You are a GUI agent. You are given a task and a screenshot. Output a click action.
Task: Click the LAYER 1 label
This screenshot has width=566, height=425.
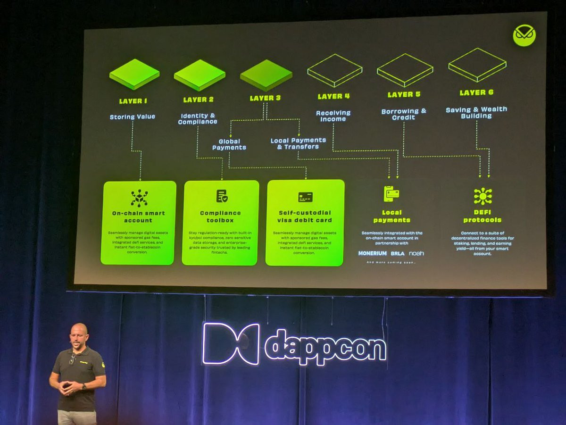tap(133, 101)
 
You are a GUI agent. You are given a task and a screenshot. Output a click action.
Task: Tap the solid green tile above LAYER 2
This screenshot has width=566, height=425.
tap(199, 75)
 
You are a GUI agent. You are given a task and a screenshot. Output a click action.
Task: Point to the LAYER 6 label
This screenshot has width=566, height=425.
tap(476, 92)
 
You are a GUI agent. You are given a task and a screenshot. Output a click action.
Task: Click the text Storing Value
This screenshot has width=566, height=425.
tap(132, 117)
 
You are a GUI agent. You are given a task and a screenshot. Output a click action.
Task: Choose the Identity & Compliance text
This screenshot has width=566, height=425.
tap(198, 118)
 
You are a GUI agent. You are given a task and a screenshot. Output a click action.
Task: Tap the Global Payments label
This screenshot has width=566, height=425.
tap(229, 144)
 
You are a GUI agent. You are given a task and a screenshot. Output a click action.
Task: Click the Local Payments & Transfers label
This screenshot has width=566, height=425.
tap(298, 143)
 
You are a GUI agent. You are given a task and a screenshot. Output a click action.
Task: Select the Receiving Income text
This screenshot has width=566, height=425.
tap(333, 116)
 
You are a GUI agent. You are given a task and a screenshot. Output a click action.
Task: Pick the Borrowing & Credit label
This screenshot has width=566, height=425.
tap(404, 114)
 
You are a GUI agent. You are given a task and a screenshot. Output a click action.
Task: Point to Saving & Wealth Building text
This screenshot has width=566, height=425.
tap(476, 112)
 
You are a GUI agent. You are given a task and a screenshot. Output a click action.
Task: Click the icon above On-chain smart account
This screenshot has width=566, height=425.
tap(139, 198)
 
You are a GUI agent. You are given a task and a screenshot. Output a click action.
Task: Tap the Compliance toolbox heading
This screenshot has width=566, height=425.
tap(220, 217)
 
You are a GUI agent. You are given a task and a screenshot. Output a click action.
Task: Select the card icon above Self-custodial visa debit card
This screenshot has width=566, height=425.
tap(305, 197)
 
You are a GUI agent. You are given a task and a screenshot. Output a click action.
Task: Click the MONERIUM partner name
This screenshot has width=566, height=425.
tap(372, 253)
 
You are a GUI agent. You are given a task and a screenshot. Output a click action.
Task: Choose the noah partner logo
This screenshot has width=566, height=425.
tap(416, 253)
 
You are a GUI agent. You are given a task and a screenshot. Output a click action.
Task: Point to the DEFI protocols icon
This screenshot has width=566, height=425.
tap(483, 196)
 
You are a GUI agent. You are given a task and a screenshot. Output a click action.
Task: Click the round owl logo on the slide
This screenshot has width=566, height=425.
tap(524, 36)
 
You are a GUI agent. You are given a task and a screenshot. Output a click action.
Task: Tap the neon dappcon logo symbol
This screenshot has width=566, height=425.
tap(231, 344)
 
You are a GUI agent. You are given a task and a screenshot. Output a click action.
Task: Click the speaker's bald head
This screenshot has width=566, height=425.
tap(79, 331)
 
